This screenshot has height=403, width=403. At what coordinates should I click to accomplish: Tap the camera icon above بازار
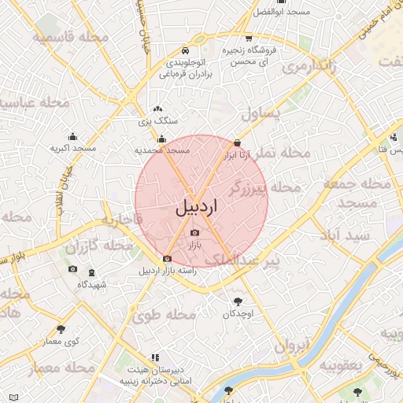(x=195, y=232)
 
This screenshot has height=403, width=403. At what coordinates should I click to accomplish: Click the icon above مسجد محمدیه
(x=162, y=139)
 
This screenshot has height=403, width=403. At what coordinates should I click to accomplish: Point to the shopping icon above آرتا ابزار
(x=237, y=143)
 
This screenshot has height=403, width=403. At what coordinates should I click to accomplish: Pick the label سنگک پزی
(x=158, y=121)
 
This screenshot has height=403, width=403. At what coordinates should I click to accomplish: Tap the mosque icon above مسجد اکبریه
(x=72, y=135)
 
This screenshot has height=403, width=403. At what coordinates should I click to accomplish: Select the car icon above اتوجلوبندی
(x=184, y=50)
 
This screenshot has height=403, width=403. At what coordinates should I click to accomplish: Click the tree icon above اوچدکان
(x=238, y=301)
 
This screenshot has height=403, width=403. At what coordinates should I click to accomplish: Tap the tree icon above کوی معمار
(x=62, y=328)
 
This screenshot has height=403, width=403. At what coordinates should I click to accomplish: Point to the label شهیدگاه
(x=93, y=284)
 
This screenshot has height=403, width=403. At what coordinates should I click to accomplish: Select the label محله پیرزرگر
(x=264, y=187)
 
